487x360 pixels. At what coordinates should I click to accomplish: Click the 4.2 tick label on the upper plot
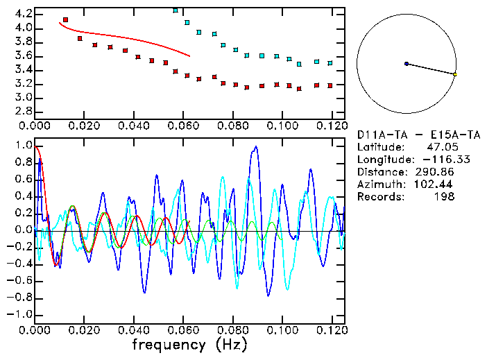(x=20, y=14)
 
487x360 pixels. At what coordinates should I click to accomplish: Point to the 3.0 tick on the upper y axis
(x=20, y=97)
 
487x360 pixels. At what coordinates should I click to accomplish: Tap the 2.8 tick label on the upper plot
(x=20, y=111)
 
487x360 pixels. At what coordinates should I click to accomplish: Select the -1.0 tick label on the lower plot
(x=20, y=314)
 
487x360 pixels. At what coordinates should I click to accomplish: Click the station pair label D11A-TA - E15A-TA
(x=418, y=135)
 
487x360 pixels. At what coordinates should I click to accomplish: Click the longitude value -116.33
(x=435, y=160)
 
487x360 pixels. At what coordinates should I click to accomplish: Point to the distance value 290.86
(x=435, y=172)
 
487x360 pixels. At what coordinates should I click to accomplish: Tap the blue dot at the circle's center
(x=407, y=64)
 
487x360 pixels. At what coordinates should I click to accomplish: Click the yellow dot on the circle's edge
(x=454, y=74)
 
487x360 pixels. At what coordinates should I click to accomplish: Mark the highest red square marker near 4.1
(x=65, y=20)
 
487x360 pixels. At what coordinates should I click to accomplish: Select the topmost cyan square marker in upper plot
(x=176, y=10)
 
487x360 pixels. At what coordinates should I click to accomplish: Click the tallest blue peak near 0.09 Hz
(x=257, y=147)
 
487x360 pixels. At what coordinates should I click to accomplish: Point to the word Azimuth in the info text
(x=379, y=185)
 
